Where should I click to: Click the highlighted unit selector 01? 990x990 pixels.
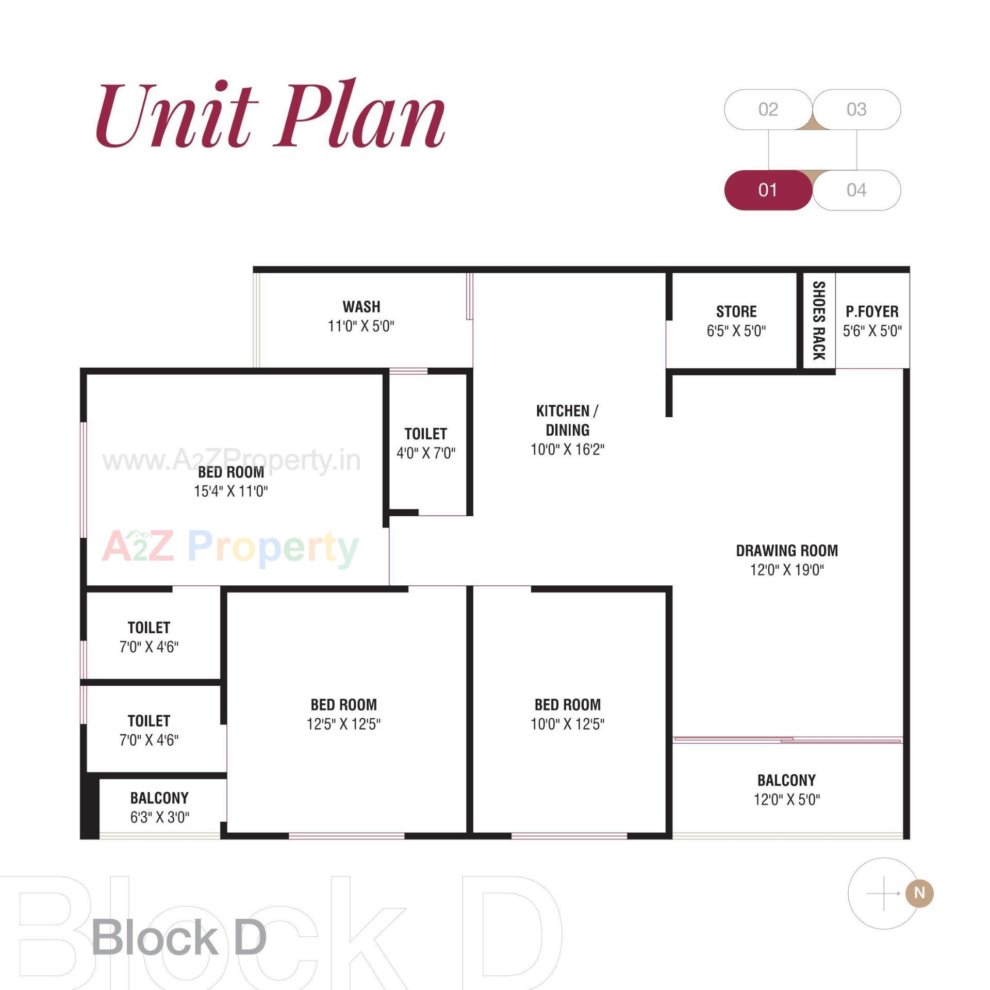click(768, 190)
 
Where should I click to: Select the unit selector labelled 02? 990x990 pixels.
click(768, 109)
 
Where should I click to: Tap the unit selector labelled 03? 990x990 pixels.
click(856, 109)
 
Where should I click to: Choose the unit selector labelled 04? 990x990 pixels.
click(856, 190)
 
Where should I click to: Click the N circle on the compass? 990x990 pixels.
click(919, 893)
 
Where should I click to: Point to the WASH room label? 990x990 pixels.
click(361, 307)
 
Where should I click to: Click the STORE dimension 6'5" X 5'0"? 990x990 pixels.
click(736, 331)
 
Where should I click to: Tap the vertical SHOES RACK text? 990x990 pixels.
click(818, 320)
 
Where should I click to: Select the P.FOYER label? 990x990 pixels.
click(872, 311)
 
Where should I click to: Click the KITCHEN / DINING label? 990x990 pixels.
click(567, 420)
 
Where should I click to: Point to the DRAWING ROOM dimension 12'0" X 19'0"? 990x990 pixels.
click(787, 570)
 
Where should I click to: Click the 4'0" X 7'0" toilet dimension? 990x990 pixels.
click(426, 453)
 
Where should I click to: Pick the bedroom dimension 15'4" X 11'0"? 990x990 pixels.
click(231, 491)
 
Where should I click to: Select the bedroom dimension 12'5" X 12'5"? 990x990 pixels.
click(343, 724)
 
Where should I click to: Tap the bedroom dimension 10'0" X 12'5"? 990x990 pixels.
click(567, 724)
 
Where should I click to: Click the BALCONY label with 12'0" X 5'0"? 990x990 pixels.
click(786, 780)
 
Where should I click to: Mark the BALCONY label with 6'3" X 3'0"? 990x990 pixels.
click(159, 798)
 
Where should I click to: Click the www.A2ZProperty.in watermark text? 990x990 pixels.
click(231, 459)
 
